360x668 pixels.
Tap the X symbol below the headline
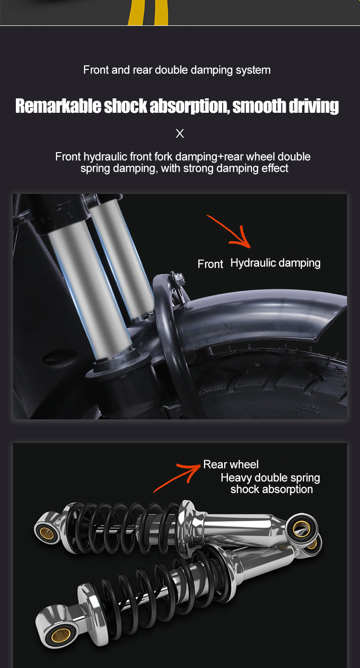[180, 133]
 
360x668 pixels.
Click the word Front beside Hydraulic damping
[210, 264]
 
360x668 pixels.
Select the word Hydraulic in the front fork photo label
[253, 263]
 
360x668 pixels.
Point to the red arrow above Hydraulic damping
[231, 232]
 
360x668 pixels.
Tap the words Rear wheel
[231, 465]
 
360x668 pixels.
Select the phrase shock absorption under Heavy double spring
[271, 489]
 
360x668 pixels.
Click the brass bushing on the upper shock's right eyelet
[301, 529]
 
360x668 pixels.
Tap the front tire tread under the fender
[268, 385]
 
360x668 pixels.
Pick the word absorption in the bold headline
[189, 106]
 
